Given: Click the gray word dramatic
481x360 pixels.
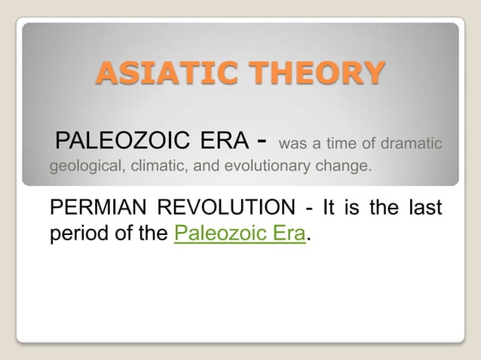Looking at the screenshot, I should (414, 142).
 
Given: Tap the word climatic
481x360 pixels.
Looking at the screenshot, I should (159, 167).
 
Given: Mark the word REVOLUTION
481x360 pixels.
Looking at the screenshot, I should (225, 207).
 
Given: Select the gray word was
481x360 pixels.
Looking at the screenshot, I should (293, 142).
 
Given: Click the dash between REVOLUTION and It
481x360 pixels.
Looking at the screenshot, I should (310, 208).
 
